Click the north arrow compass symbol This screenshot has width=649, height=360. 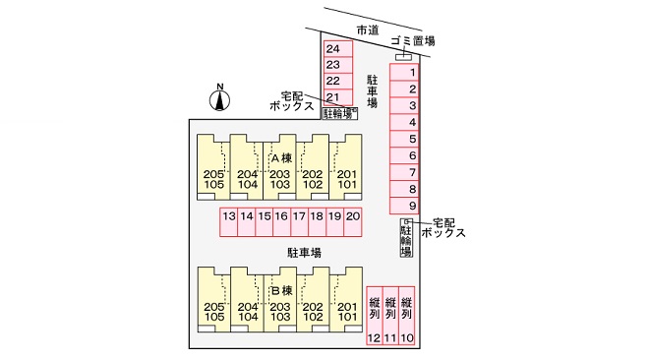pyautogui.click(x=220, y=98)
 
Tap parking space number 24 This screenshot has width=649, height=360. pyautogui.click(x=337, y=49)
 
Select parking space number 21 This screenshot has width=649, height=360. pyautogui.click(x=337, y=97)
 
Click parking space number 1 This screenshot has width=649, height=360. pyautogui.click(x=404, y=73)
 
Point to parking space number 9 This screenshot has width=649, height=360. pyautogui.click(x=404, y=206)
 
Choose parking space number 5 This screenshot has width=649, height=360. pyautogui.click(x=404, y=139)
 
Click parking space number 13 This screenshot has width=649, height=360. pyautogui.click(x=228, y=221)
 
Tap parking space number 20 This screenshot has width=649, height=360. pyautogui.click(x=353, y=221)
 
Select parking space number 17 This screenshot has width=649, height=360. pyautogui.click(x=299, y=221)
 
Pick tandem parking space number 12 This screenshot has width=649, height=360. pyautogui.click(x=375, y=316)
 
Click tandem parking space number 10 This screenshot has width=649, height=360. pyautogui.click(x=406, y=316)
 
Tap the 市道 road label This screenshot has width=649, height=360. pyautogui.click(x=368, y=30)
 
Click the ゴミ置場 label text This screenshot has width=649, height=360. pyautogui.click(x=413, y=40)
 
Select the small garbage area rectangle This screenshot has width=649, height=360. pyautogui.click(x=403, y=57)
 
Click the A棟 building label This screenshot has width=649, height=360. pyautogui.click(x=281, y=157)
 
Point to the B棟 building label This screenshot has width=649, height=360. pyautogui.click(x=282, y=290)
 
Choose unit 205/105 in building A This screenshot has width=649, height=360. pyautogui.click(x=213, y=167)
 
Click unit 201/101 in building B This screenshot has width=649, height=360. pyautogui.click(x=346, y=300)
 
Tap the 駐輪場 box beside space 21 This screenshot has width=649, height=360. pyautogui.click(x=340, y=113)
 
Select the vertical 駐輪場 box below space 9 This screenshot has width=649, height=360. pyautogui.click(x=406, y=237)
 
